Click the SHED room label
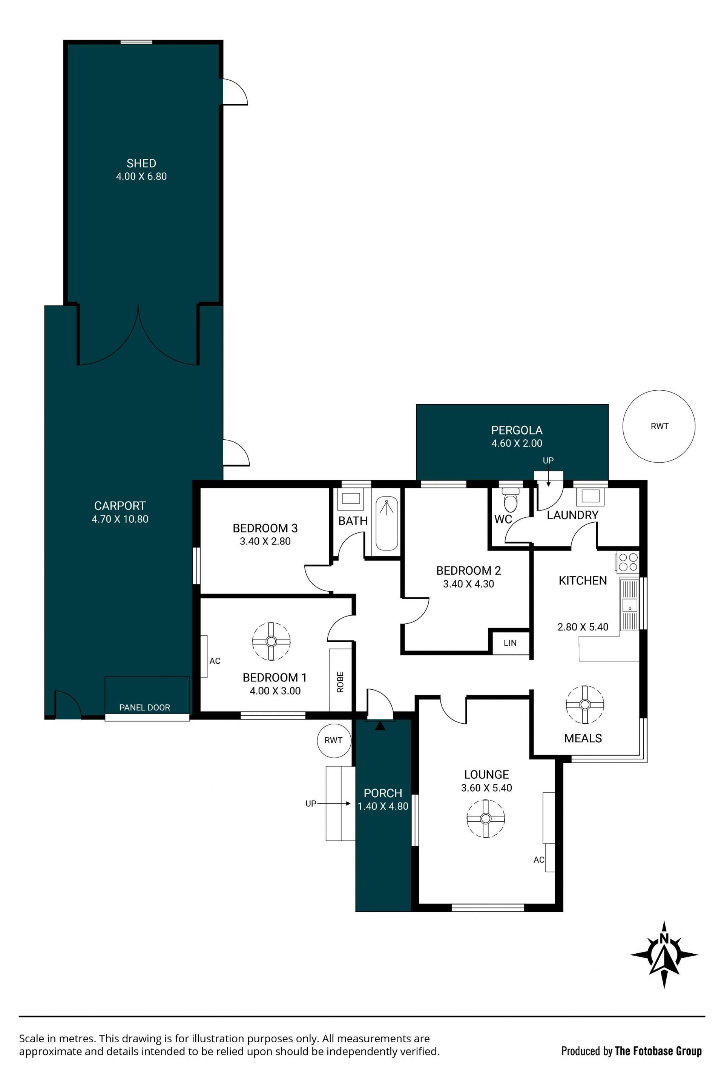click(141, 163)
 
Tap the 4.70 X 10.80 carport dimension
click(120, 519)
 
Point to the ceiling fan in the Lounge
click(485, 818)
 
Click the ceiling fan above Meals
click(585, 704)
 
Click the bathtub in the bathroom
click(387, 523)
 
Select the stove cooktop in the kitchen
click(628, 563)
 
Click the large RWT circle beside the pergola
click(659, 426)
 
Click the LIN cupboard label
click(510, 643)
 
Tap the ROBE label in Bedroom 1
click(340, 682)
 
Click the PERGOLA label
click(517, 430)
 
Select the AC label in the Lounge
click(539, 859)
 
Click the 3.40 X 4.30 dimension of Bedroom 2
click(469, 584)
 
